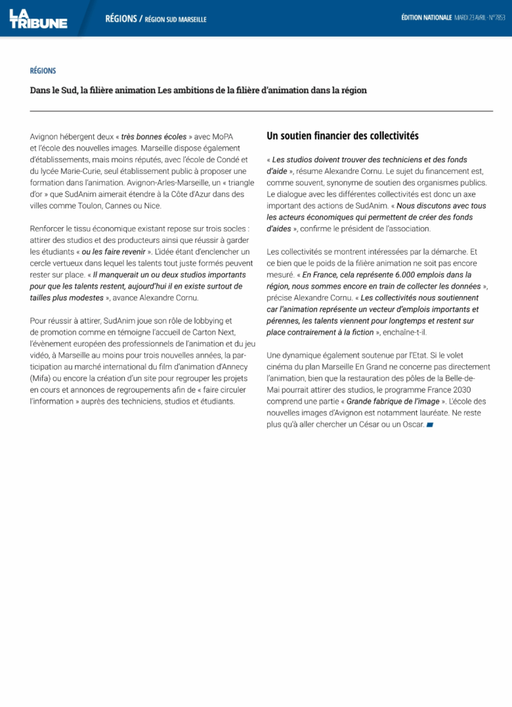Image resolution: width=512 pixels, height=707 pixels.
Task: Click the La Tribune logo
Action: pyautogui.click(x=38, y=18)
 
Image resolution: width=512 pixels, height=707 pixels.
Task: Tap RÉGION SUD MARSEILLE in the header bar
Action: pyautogui.click(x=175, y=19)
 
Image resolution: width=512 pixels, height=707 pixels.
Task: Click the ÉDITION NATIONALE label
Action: pyautogui.click(x=426, y=17)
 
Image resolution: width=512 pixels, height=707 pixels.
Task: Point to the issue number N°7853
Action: pyautogui.click(x=495, y=17)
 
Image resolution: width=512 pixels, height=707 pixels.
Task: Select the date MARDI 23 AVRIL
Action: pyautogui.click(x=469, y=17)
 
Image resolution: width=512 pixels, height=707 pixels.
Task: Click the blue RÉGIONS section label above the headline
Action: pyautogui.click(x=43, y=70)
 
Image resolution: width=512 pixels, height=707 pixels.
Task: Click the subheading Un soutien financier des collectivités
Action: pyautogui.click(x=342, y=136)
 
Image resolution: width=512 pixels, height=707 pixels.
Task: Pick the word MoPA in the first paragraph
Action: pyautogui.click(x=222, y=137)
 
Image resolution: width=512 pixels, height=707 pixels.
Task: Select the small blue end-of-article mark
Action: pyautogui.click(x=430, y=425)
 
